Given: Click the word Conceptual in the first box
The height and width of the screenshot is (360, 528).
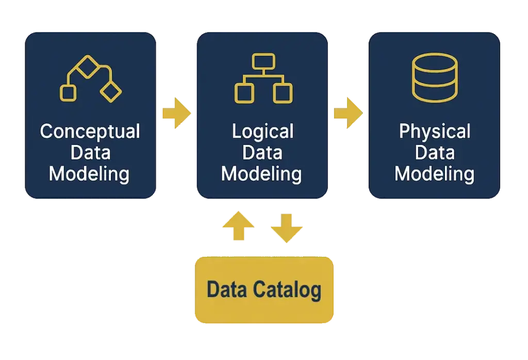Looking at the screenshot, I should point(90,132).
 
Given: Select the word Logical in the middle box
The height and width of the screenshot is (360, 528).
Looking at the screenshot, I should point(262,132).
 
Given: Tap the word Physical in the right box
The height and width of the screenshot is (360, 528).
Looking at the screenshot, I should point(435,132).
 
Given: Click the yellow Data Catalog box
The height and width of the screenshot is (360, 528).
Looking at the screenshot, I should point(263,290).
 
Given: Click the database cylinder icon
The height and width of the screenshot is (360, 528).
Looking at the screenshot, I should point(435,77).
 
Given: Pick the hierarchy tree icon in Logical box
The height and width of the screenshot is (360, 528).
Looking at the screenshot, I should point(263,78).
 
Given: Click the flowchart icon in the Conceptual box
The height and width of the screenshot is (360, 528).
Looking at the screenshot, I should point(91,78).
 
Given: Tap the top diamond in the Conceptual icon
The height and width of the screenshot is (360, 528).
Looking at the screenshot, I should point(87,66).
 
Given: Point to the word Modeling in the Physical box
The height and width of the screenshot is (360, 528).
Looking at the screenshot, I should point(434,174).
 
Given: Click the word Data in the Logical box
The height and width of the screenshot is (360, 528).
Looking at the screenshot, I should point(262,153).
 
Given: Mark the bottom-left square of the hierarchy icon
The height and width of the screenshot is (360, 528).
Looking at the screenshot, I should point(244,93).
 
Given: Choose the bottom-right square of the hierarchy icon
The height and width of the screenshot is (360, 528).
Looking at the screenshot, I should point(283,93).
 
